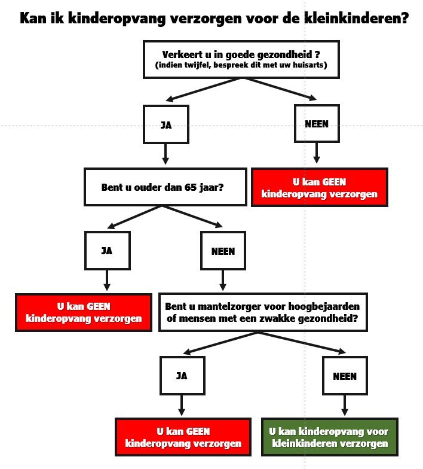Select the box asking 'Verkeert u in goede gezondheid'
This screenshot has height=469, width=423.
[x=241, y=59]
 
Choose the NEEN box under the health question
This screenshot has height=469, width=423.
[x=316, y=124]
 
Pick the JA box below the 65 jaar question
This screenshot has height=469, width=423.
[x=107, y=251]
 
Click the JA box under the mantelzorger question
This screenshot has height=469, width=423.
[x=182, y=376]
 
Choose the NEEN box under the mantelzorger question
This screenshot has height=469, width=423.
[x=344, y=376]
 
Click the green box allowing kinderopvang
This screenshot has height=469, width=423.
[x=330, y=437]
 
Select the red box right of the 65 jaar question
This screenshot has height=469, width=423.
[x=319, y=187]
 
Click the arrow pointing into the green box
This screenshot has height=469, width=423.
[x=344, y=406]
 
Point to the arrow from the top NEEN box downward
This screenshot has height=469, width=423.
[x=316, y=154]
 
